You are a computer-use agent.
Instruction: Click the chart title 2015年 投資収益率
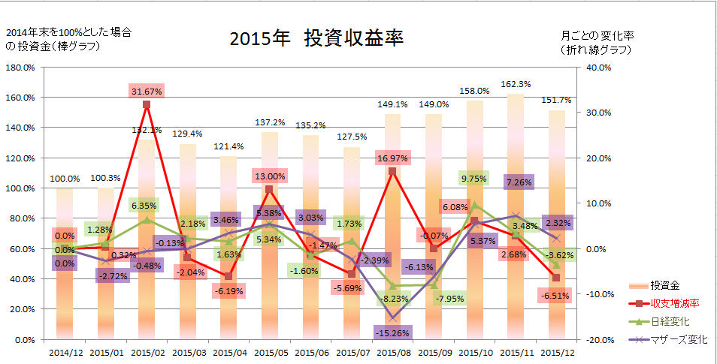[x=316, y=40]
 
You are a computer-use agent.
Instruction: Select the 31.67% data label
[x=147, y=91]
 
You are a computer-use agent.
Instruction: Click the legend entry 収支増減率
[x=673, y=303]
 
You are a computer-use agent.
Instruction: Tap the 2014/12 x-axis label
[x=65, y=350]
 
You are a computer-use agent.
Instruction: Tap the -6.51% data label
[x=556, y=296]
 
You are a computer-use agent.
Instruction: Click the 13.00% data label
[x=269, y=176]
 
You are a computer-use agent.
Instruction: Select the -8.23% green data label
[x=394, y=299]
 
